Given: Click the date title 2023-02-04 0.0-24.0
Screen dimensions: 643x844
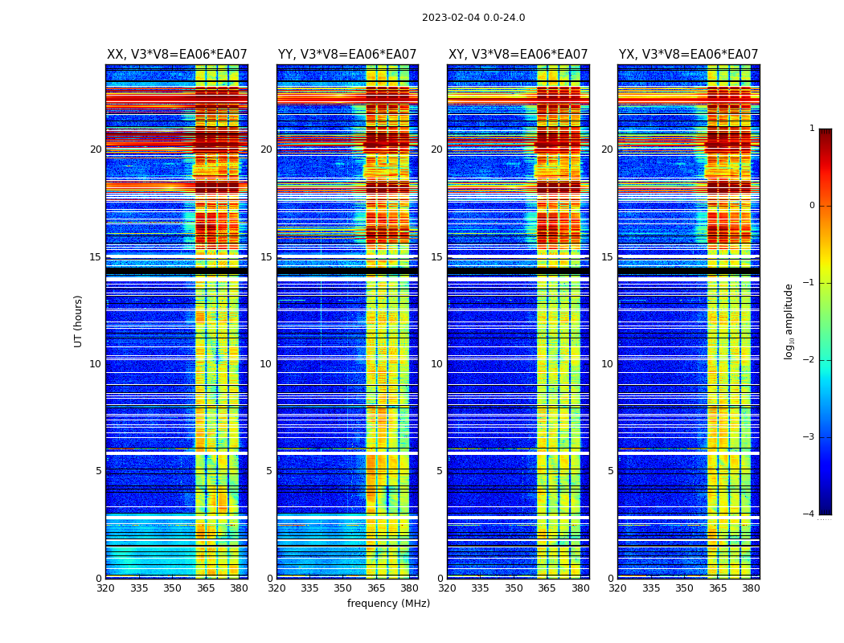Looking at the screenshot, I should click(473, 18).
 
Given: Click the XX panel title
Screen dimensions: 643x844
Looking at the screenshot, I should click(177, 55).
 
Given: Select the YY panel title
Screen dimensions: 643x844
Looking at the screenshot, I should click(347, 55).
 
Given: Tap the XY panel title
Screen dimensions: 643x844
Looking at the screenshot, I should click(518, 55).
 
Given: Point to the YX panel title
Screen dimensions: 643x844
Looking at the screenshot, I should click(688, 55).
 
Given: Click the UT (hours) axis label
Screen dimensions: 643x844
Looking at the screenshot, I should click(79, 321).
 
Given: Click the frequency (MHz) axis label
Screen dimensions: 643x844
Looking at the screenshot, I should click(388, 604).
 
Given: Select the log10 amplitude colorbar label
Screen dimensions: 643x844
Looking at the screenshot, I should click(789, 321).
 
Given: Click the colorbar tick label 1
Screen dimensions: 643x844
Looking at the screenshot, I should click(812, 129).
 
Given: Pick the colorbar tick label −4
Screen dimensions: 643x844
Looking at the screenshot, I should click(809, 514).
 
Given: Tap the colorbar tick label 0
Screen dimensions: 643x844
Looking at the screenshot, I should click(812, 206).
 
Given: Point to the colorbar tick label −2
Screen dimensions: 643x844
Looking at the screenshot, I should click(809, 360).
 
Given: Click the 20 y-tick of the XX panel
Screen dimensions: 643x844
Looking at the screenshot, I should click(96, 149).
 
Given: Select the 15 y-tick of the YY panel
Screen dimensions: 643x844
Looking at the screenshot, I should click(266, 257).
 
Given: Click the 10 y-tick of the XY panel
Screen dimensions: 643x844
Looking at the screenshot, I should click(436, 364).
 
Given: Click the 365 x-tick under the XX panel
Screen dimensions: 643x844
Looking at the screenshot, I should click(206, 588).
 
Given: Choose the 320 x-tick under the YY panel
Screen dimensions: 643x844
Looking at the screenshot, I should click(277, 588).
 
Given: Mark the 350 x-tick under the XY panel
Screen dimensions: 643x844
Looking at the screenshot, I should click(514, 588).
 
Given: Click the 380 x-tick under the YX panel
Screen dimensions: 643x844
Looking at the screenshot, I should click(751, 588).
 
